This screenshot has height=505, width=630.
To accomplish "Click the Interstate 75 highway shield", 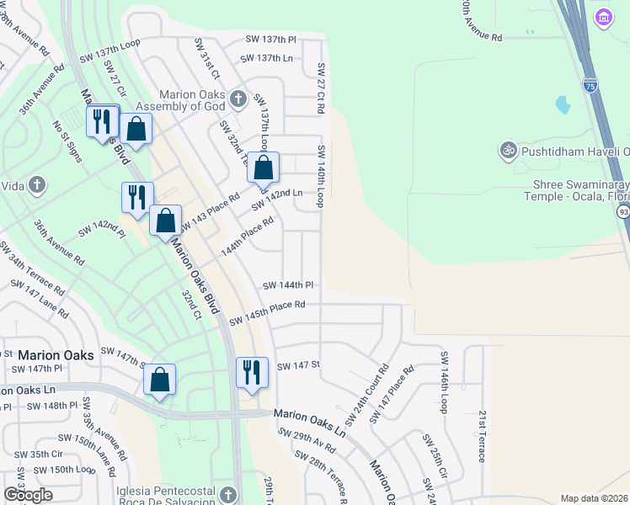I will coord(590,84).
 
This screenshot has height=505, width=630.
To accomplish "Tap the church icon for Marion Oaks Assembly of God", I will coord(238,99).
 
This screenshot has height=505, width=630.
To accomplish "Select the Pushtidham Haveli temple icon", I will coord(507,151).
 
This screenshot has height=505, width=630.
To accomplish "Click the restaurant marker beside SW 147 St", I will coord(252,371).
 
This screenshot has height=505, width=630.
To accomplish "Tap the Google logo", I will coord(28,494).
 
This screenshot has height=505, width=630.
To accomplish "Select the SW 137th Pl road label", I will coord(271,40).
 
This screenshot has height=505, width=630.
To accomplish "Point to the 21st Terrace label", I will coord(482,436).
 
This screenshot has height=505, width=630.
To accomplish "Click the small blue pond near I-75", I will coord(563,105).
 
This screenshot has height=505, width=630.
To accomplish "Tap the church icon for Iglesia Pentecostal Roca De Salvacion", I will coord(228,492).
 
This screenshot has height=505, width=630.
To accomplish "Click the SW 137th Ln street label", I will coord(266,58).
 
